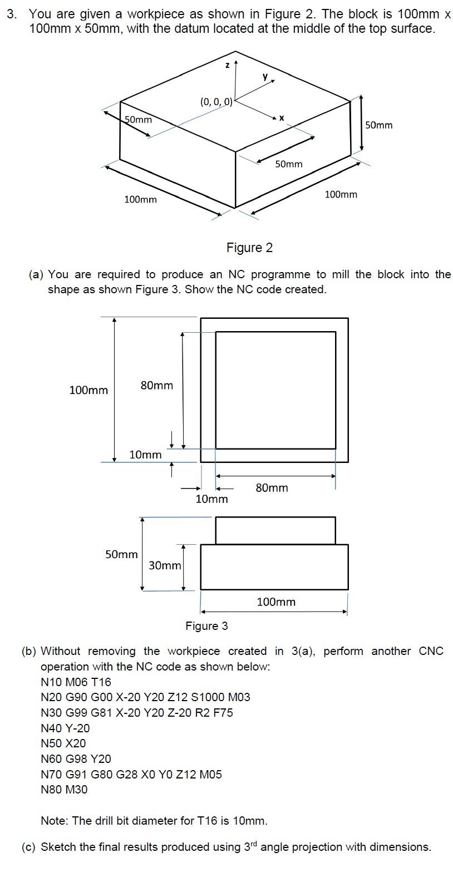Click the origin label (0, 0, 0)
pos(216,101)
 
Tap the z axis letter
pos(227,66)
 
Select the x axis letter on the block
pos(282,117)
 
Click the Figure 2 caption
pos(249,248)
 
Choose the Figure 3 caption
pos(206,626)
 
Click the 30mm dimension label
pos(165,565)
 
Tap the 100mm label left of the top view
pos(88,390)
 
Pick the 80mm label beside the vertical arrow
pos(157,385)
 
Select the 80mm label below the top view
pos(272,488)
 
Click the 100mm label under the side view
pos(276,602)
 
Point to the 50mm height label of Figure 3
pos(121,554)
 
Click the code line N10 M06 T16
pos(76,682)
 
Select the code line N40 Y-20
pos(66,728)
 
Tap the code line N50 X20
pos(63,743)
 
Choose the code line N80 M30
pos(65,789)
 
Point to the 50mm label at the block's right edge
pos(379,125)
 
